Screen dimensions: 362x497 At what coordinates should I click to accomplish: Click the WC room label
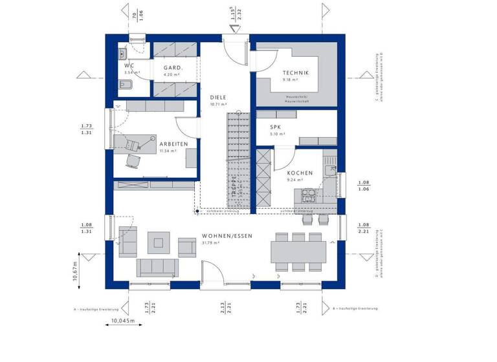point(129,65)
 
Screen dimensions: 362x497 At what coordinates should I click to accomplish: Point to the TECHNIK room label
point(296,73)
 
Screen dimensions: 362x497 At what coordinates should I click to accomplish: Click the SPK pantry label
point(276,127)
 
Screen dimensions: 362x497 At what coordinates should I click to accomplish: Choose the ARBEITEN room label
point(173,144)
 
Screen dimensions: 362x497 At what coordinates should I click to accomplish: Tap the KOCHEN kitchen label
point(300,173)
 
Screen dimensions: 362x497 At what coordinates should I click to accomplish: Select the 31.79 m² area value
point(212,243)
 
